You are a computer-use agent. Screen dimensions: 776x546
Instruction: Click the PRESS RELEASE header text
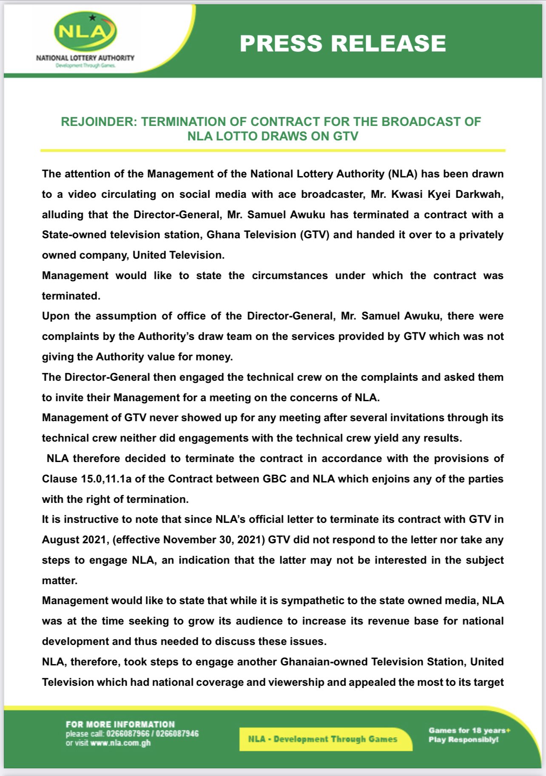click(343, 43)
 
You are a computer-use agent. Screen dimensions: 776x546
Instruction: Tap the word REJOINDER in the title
click(99, 122)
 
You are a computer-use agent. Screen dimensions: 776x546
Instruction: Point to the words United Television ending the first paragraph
click(178, 255)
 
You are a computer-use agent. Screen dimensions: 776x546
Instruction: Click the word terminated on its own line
click(71, 296)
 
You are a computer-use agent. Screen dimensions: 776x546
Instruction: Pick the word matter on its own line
click(59, 581)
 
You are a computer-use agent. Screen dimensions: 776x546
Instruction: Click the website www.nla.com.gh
click(120, 743)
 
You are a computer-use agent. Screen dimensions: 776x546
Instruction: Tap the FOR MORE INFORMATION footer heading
click(120, 724)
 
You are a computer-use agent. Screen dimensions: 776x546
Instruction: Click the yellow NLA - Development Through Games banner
click(323, 739)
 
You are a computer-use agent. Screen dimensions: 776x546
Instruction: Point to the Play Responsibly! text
click(463, 739)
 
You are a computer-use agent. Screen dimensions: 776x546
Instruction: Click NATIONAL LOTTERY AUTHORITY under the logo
click(85, 58)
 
